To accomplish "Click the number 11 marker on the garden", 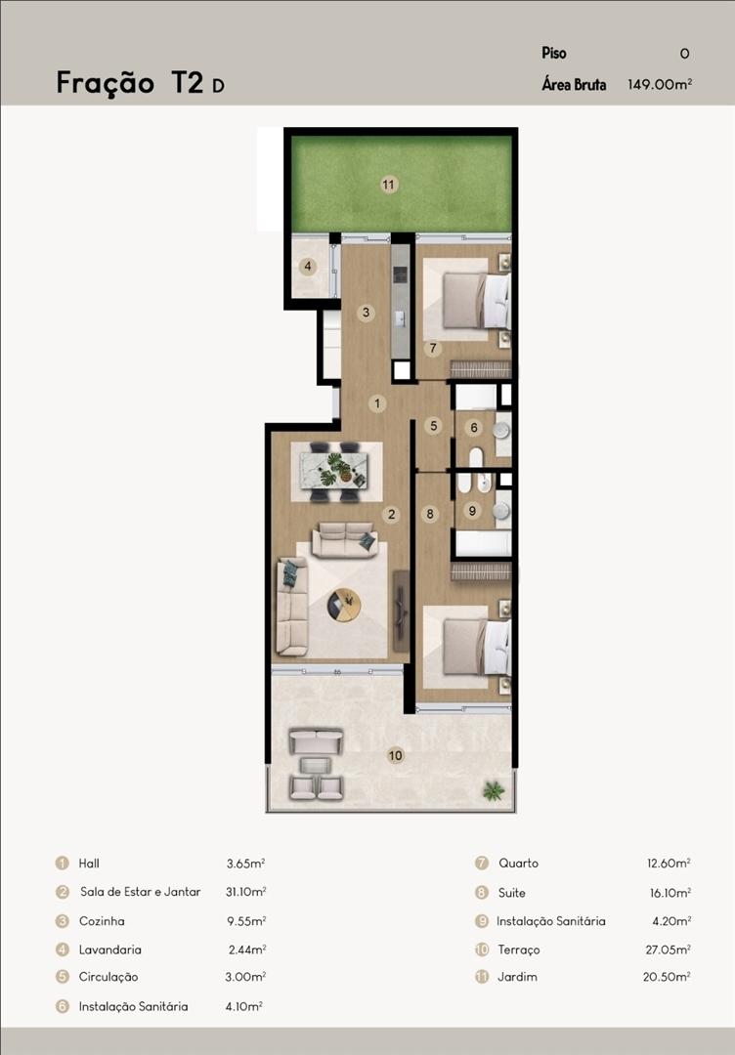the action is [388, 185].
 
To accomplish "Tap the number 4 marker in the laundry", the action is [308, 267].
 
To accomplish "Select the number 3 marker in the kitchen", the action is [367, 313].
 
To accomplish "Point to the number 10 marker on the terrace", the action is [395, 755].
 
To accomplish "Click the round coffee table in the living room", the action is [344, 605].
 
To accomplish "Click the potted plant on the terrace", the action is [494, 790].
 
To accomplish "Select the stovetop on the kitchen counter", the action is [401, 274].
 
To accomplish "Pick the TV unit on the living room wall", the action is [401, 611].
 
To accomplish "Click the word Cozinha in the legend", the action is [102, 921].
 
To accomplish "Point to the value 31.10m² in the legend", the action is [245, 892].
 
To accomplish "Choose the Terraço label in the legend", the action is [519, 949].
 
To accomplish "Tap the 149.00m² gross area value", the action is [660, 84].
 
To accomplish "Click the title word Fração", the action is [106, 83].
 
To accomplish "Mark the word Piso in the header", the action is [554, 53].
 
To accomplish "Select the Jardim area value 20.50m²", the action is [667, 976].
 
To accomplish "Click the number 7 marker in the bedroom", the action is [433, 349].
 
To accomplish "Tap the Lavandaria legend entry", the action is [109, 949].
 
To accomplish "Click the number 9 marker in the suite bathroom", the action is [472, 511].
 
